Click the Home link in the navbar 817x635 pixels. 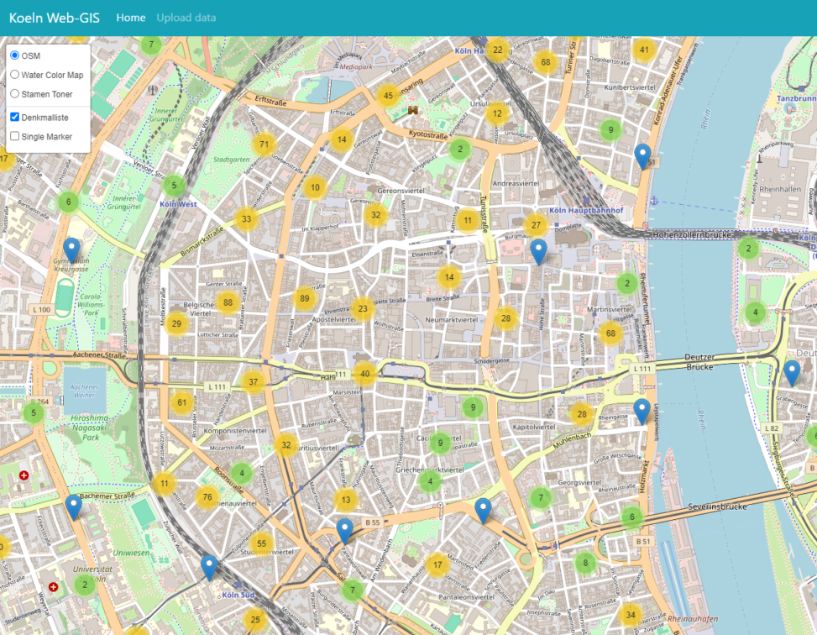click(131, 18)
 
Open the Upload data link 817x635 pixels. click(186, 18)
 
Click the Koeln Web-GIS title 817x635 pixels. click(55, 18)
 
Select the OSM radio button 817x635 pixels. click(14, 55)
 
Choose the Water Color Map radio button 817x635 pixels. click(14, 75)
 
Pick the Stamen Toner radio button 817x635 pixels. click(14, 94)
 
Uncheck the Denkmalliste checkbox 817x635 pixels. click(14, 117)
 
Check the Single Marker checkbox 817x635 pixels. click(14, 136)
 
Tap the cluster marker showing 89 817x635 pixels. click(305, 298)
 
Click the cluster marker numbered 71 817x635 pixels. click(264, 144)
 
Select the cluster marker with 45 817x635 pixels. click(388, 96)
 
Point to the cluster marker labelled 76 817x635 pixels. click(207, 496)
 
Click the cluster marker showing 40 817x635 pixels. click(364, 374)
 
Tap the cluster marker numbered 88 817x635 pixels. click(227, 302)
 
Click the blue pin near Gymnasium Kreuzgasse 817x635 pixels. click(72, 250)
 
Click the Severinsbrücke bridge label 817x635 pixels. click(717, 506)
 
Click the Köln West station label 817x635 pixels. click(178, 203)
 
